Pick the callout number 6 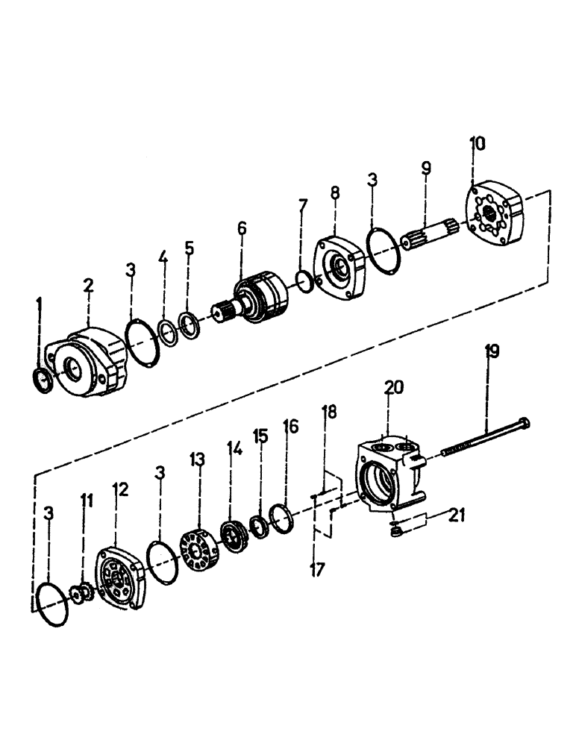point(242,228)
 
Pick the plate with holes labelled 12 point(122,583)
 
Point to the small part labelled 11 point(79,594)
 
